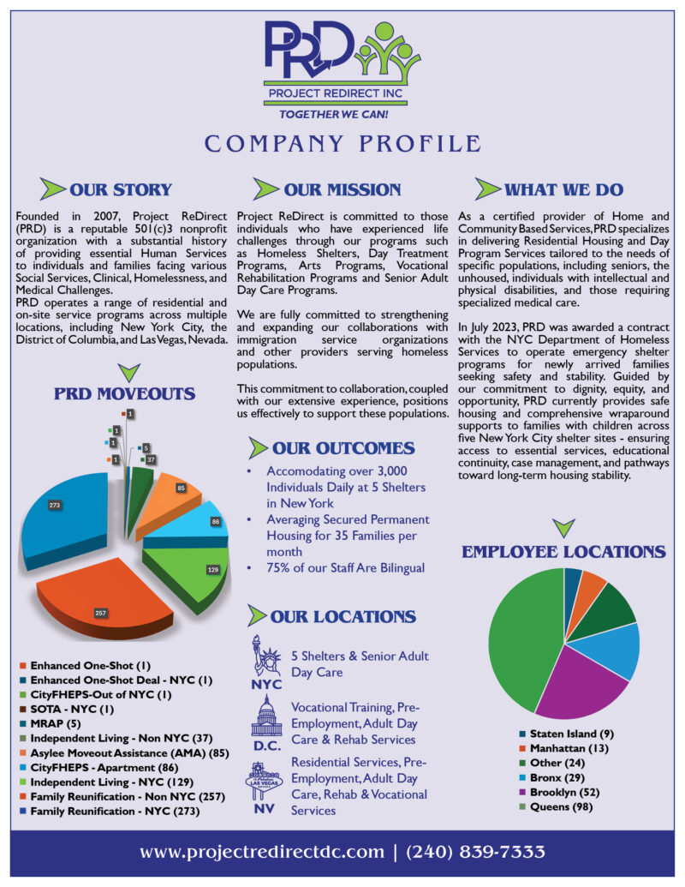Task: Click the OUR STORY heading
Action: (x=121, y=189)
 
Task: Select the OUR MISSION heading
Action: (x=342, y=189)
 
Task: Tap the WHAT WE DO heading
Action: (x=563, y=189)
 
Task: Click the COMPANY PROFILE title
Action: (x=342, y=142)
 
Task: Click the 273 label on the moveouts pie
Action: (x=55, y=506)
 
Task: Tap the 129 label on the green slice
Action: (x=212, y=570)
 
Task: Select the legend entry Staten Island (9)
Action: (x=571, y=734)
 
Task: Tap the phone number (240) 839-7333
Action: (x=475, y=852)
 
